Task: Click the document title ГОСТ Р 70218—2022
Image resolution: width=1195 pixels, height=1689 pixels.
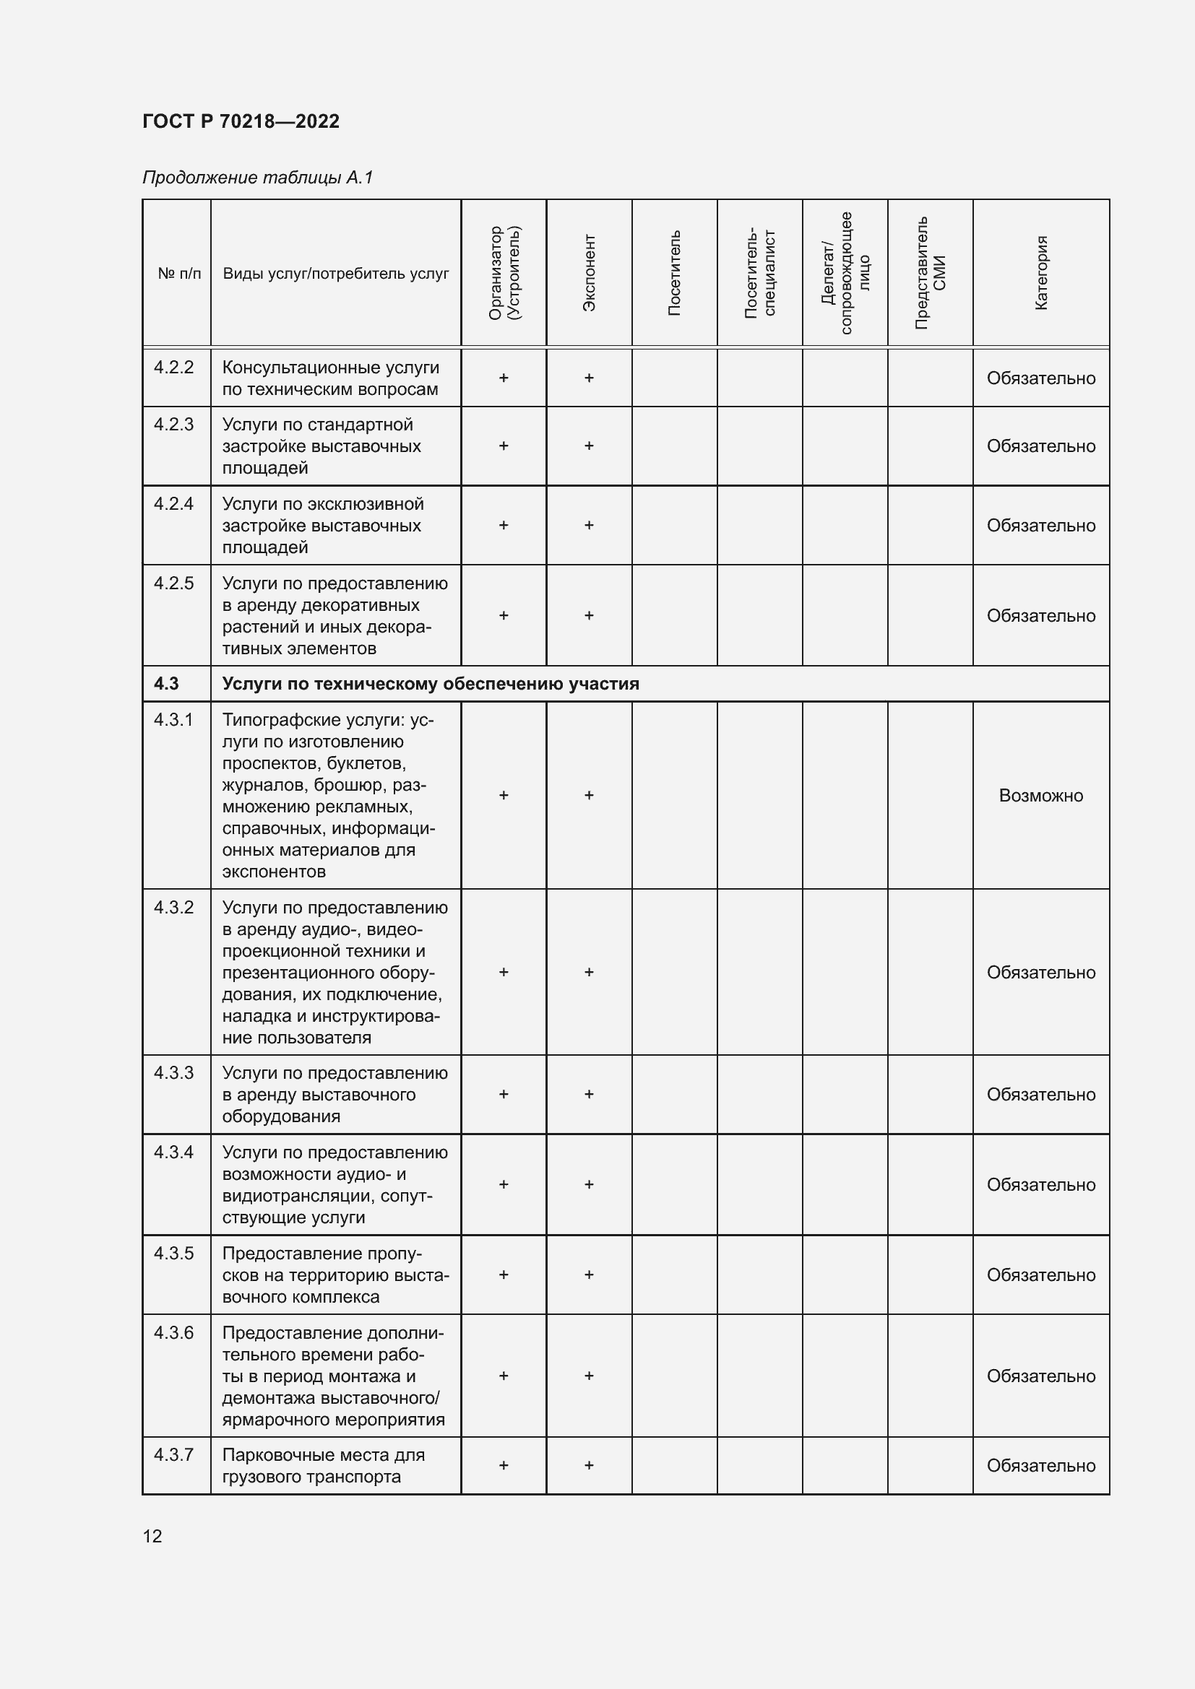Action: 241,121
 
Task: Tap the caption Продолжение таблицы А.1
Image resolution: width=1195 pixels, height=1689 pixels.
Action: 257,178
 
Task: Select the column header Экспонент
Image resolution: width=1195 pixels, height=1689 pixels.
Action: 589,272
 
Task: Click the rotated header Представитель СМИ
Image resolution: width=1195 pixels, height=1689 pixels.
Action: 930,272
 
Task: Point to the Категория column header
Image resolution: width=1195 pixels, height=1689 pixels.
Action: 1040,272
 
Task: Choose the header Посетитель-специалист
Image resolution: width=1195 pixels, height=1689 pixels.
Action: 759,272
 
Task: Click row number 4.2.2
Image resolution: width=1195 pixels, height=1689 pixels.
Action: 173,367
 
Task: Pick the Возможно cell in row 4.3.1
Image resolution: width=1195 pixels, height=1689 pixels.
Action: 1040,795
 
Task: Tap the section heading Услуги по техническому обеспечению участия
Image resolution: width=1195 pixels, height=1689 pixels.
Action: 431,683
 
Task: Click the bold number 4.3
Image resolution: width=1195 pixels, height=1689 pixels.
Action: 166,683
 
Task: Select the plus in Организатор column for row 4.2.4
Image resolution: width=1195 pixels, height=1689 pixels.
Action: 504,525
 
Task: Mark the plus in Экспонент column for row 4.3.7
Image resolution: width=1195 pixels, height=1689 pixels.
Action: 589,1465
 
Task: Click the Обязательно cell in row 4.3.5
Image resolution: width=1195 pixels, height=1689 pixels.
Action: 1040,1275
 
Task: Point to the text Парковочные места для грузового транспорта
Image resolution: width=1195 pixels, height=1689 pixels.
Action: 324,1465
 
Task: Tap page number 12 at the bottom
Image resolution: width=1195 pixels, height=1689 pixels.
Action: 152,1536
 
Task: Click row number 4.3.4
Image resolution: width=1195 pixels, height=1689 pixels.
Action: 173,1152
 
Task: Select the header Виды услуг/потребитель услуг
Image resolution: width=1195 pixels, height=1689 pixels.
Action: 335,274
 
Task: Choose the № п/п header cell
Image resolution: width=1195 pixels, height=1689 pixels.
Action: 178,274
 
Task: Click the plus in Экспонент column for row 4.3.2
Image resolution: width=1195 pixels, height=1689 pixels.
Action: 589,972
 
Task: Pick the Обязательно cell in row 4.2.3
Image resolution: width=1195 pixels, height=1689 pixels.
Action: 1040,446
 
